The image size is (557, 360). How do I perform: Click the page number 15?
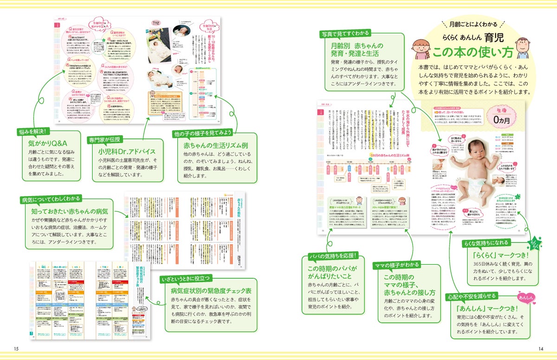tap(16, 349)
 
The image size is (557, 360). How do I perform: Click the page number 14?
tap(540, 349)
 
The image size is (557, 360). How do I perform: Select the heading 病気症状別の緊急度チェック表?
tap(211, 291)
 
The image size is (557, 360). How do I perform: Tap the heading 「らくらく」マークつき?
tap(493, 255)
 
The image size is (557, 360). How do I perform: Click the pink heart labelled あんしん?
tap(527, 298)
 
